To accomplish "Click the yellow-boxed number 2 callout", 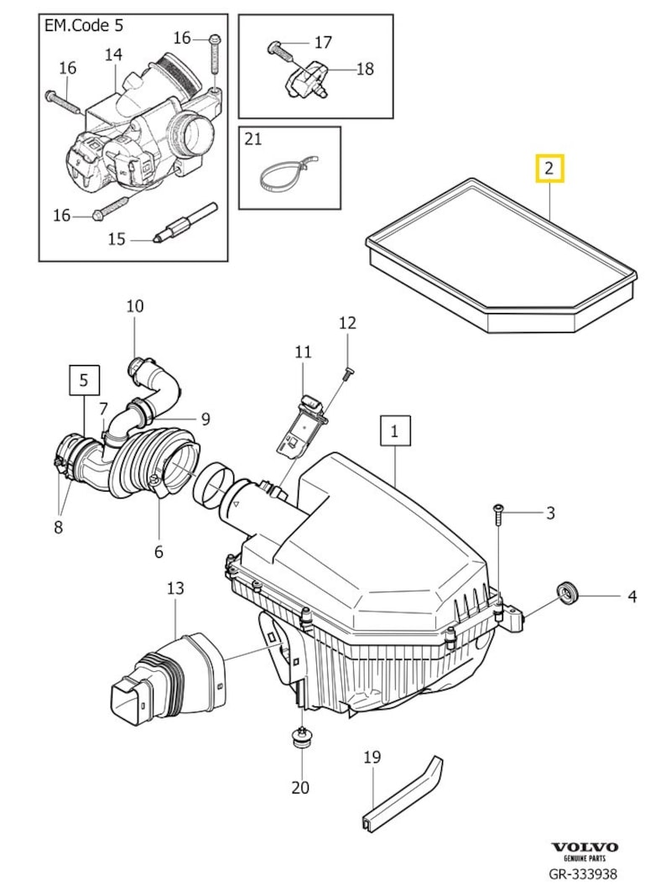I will tap(549, 169).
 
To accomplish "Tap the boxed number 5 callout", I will tap(84, 380).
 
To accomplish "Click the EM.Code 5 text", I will tap(84, 25).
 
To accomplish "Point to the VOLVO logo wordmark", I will tap(585, 847).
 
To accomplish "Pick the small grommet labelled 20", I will tap(300, 739).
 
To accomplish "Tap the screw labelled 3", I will tap(499, 515).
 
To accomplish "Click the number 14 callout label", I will tap(113, 55).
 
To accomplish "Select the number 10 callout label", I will tap(135, 306).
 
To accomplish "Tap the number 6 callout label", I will tap(159, 551).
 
